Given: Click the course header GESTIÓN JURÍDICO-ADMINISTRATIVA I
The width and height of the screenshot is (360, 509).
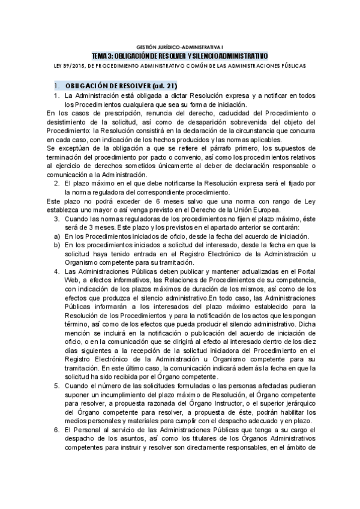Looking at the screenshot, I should [x=179, y=46].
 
